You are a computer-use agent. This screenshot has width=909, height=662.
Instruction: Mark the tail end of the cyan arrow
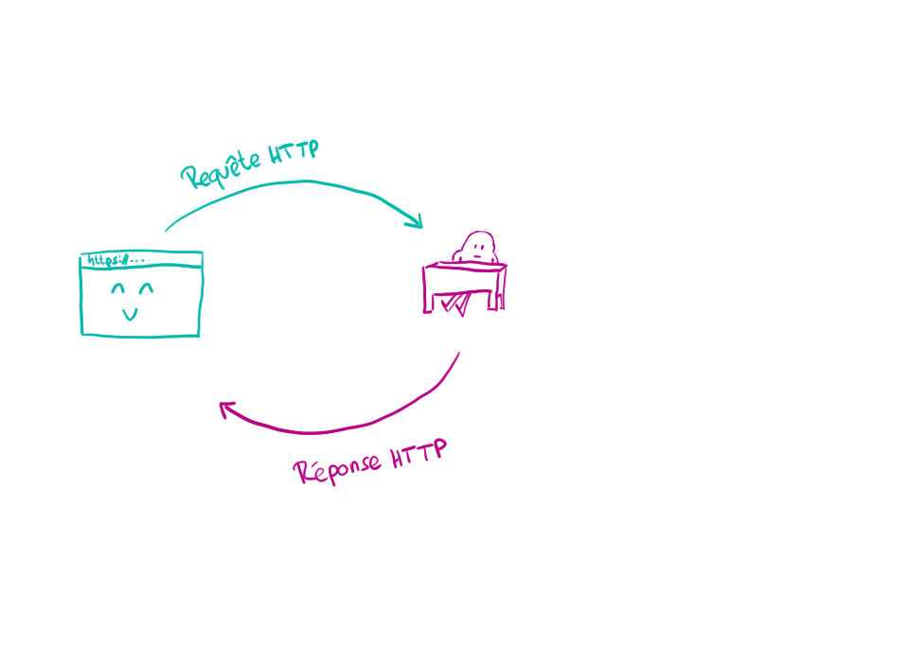168,229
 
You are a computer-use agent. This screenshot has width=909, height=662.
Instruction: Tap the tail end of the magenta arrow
460,354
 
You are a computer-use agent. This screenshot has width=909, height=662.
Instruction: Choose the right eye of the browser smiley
147,287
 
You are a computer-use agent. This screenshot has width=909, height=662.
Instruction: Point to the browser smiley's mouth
132,313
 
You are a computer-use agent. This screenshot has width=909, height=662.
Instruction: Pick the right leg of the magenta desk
499,293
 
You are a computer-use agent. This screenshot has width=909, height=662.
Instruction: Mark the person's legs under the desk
456,303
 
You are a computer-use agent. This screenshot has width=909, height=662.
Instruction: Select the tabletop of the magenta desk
464,268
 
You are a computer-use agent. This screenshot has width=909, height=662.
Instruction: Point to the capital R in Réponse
304,471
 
